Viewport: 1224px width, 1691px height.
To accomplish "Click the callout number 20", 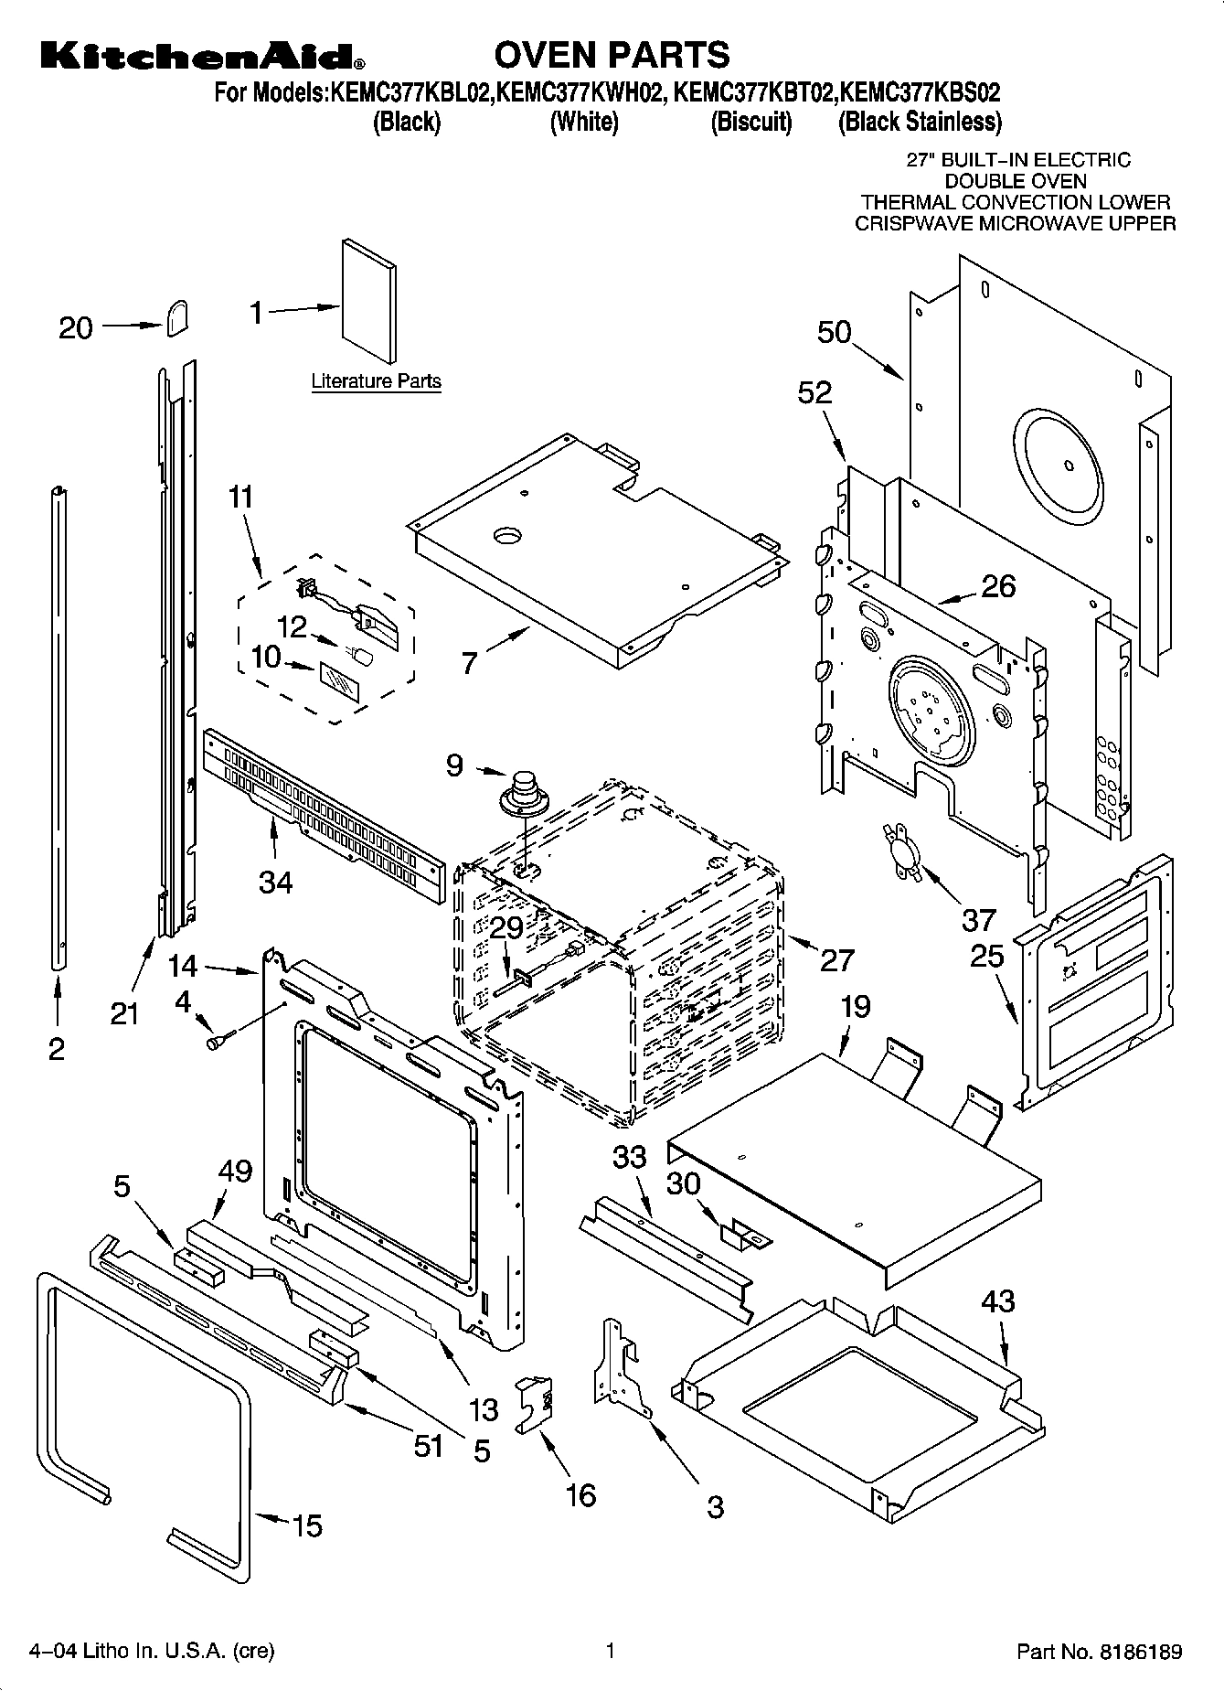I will pyautogui.click(x=76, y=327).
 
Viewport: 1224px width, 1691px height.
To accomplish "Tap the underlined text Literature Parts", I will pyautogui.click(x=376, y=381).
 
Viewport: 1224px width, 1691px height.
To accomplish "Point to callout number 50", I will pyautogui.click(x=834, y=332).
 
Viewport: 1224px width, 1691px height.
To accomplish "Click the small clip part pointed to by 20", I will pyautogui.click(x=177, y=318).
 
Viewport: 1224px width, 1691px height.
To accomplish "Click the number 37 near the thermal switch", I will pyautogui.click(x=979, y=918).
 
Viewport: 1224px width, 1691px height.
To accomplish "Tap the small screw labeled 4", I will pyautogui.click(x=220, y=1040).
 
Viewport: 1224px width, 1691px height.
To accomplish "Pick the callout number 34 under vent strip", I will pyautogui.click(x=275, y=882).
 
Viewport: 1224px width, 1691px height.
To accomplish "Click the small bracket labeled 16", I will pyautogui.click(x=537, y=1401).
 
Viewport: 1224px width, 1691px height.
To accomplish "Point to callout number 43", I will pyautogui.click(x=997, y=1300).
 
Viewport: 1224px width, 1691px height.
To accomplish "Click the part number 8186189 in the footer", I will pyautogui.click(x=1139, y=1653).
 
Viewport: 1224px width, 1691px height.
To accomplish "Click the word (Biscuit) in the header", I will pyautogui.click(x=751, y=122).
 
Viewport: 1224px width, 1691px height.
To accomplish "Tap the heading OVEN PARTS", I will pyautogui.click(x=612, y=55).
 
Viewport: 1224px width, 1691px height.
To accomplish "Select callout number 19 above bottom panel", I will pyautogui.click(x=856, y=1006).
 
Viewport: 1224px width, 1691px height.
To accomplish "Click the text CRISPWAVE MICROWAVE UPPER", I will pyautogui.click(x=1015, y=223).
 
